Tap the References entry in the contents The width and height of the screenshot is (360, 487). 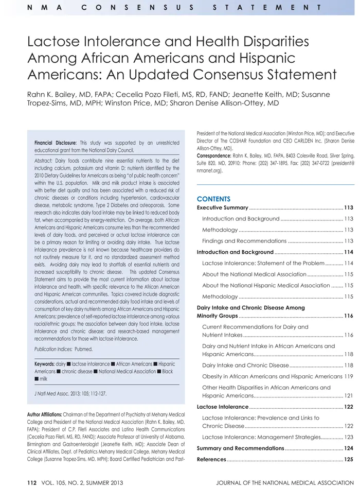[211, 459]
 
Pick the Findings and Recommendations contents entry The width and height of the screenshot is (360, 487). [244, 241]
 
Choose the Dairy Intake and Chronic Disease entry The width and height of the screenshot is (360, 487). [245, 365]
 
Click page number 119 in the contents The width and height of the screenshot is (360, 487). [348, 376]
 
